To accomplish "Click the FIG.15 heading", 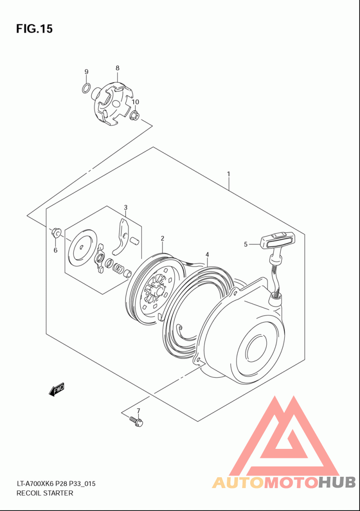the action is pos(34,29).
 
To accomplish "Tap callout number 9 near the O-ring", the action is pos(86,72).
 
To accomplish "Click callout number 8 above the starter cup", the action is pos(117,68).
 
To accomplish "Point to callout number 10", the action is pos(135,102).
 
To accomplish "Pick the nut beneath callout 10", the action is pos(134,116).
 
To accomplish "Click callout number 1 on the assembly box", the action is pos(229,174).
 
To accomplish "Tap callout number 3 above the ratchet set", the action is pos(126,208).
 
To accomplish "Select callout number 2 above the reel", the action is pos(162,238).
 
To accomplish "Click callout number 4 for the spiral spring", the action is pos(207,254).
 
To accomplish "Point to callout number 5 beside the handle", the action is pos(246,244).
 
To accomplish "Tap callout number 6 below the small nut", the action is pos(55,250).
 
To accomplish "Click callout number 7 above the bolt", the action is pos(138,410).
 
